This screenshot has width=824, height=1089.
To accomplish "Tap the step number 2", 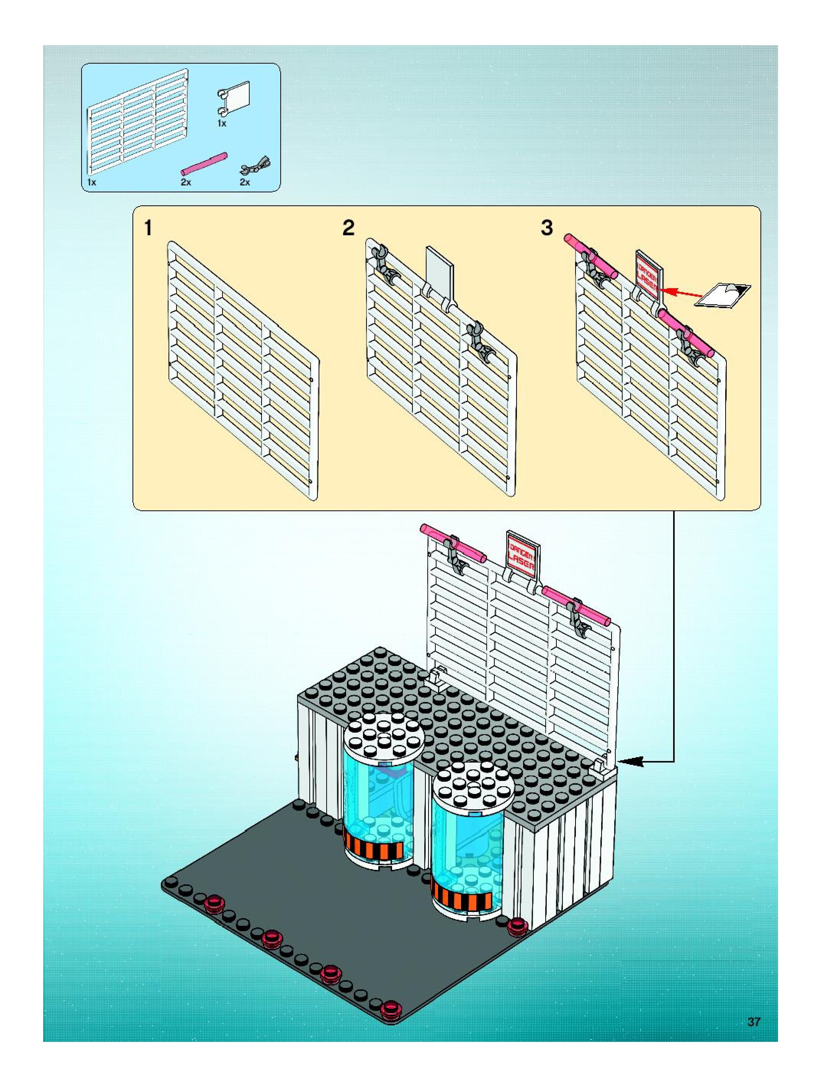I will tap(348, 228).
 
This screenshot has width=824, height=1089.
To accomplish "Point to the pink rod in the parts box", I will tap(204, 164).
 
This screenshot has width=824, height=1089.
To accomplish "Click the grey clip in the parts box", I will tap(255, 166).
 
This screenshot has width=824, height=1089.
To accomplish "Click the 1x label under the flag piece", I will tap(222, 123).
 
